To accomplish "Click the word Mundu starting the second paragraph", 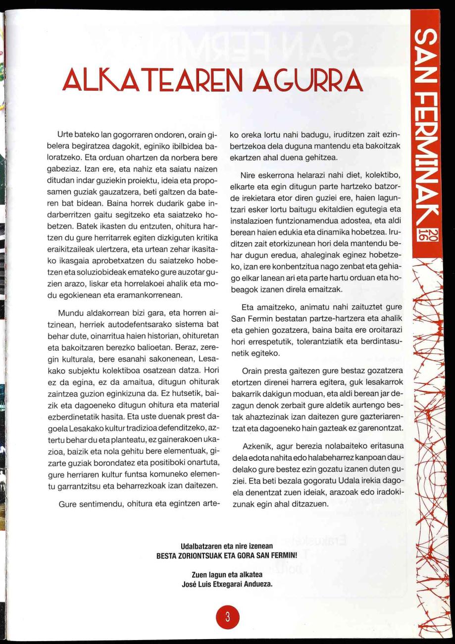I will tap(70, 313).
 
